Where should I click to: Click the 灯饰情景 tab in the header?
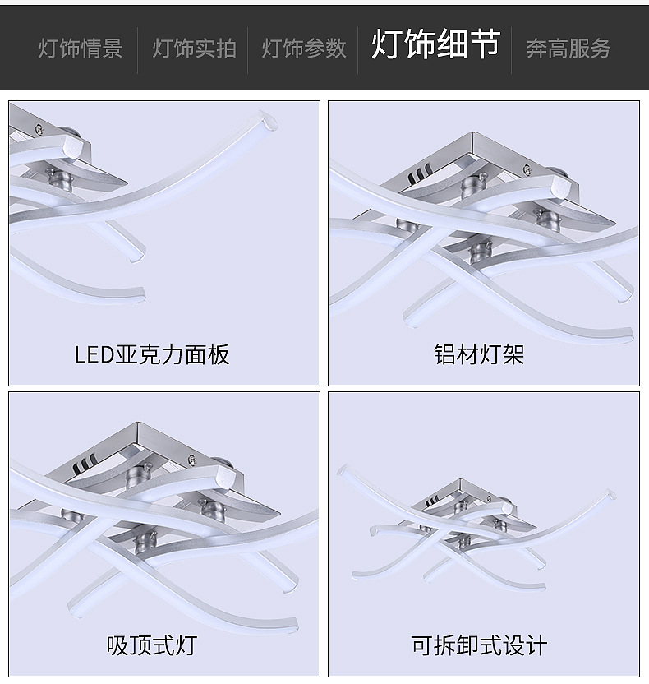(x=80, y=48)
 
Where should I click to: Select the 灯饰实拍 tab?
(x=194, y=48)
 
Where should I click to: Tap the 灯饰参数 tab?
(x=304, y=48)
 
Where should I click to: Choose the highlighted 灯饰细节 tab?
(x=435, y=44)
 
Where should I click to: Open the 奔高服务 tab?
(x=568, y=48)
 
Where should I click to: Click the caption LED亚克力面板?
(x=152, y=354)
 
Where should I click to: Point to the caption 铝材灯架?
(x=479, y=354)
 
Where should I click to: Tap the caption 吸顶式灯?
(x=152, y=645)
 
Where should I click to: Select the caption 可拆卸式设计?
(x=479, y=645)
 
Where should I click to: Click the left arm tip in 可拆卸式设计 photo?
(x=343, y=470)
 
